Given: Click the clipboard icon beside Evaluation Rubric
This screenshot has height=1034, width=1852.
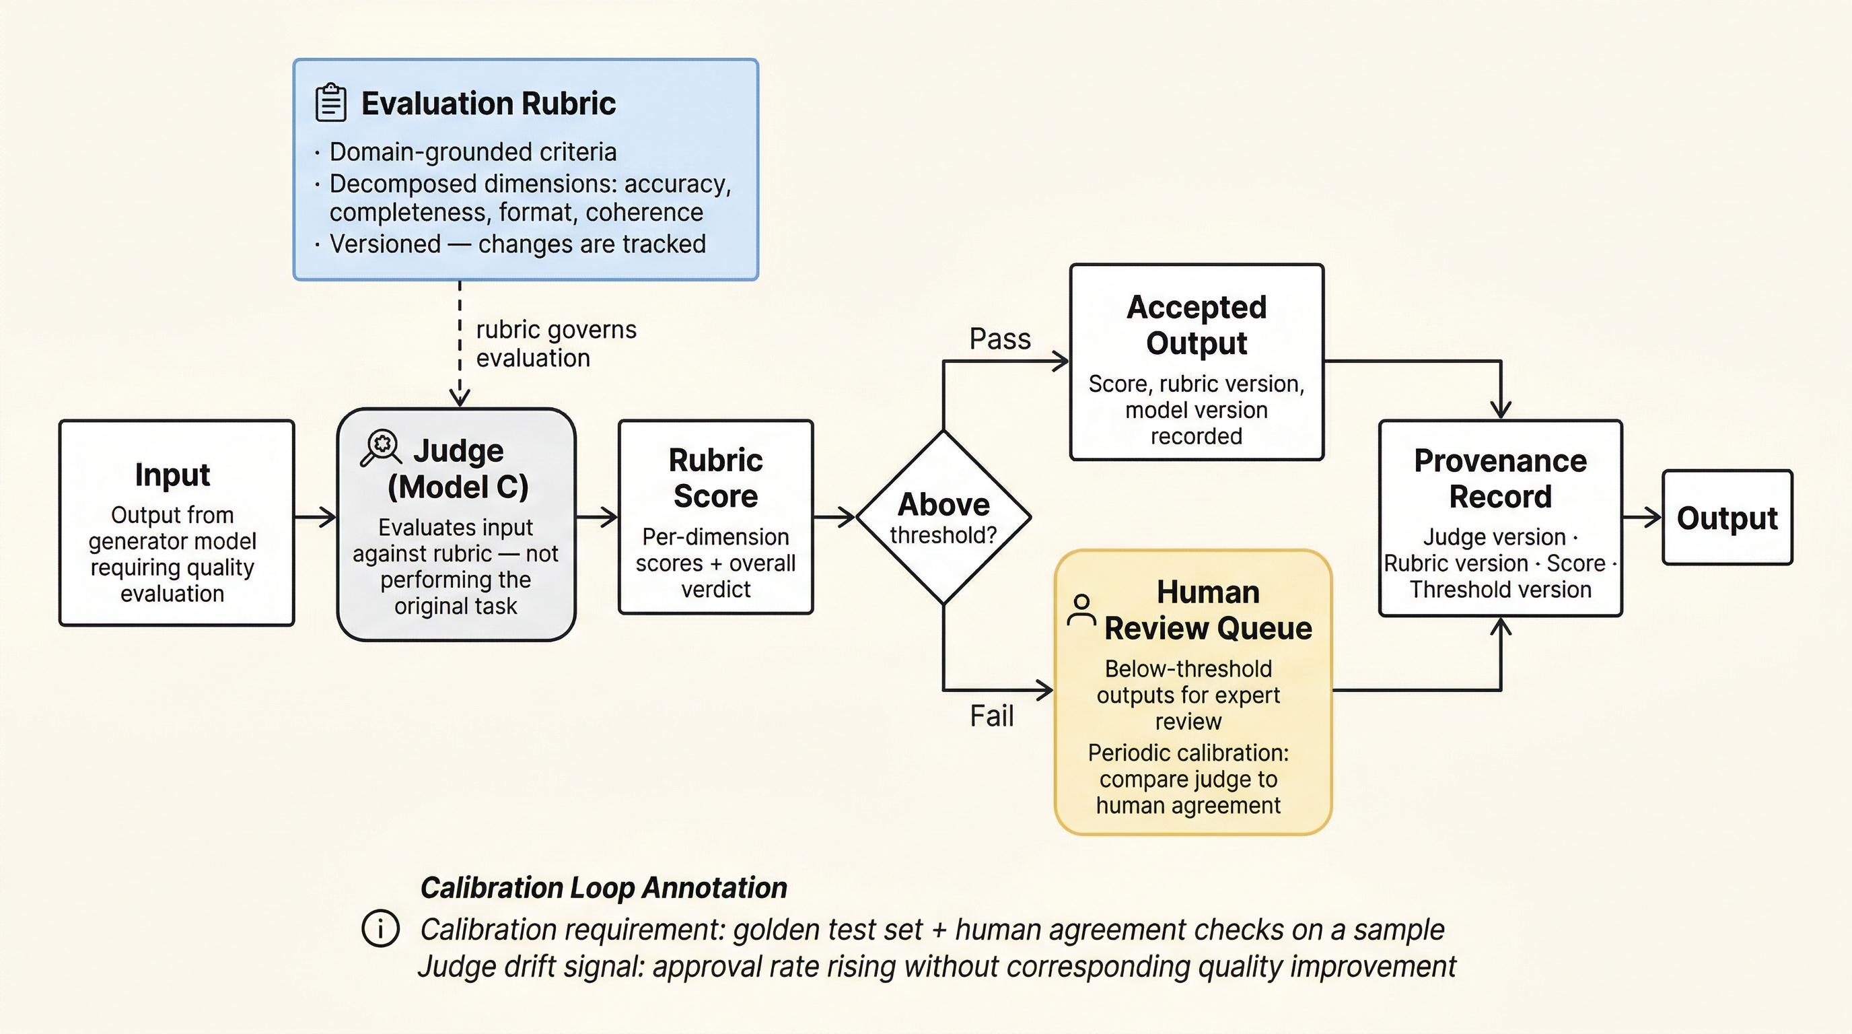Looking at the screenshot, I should click(330, 102).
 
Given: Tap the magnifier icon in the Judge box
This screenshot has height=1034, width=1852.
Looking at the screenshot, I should click(380, 447).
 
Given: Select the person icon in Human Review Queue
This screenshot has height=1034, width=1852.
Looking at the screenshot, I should click(1081, 610).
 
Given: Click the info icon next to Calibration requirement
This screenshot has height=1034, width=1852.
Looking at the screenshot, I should click(380, 928).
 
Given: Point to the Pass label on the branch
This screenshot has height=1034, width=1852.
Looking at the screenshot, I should click(999, 339).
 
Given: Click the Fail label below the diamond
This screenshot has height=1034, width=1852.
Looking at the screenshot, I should click(991, 716).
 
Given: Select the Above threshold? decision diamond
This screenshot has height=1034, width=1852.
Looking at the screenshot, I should click(943, 517).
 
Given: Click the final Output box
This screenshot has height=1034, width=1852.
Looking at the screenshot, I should click(1727, 518).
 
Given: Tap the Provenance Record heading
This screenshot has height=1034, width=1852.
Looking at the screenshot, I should click(1500, 478).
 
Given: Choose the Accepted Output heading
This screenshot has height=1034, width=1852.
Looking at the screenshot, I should click(1197, 325).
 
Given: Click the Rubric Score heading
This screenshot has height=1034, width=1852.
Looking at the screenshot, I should click(715, 478).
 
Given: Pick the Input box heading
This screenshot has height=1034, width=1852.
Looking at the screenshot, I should click(172, 475).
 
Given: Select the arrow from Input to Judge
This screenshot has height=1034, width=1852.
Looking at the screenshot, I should click(315, 516).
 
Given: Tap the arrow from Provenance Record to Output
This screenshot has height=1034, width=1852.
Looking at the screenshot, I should click(1642, 516).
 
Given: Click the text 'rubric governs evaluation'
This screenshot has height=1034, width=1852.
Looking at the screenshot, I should click(555, 344).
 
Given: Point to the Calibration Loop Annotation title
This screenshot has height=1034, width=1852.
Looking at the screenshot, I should click(603, 887).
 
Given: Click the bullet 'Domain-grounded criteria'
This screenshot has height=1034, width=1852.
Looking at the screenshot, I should click(472, 152).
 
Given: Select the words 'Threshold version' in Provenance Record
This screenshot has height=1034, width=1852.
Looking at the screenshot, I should click(1500, 590).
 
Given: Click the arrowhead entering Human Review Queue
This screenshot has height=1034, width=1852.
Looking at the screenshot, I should click(1044, 690).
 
